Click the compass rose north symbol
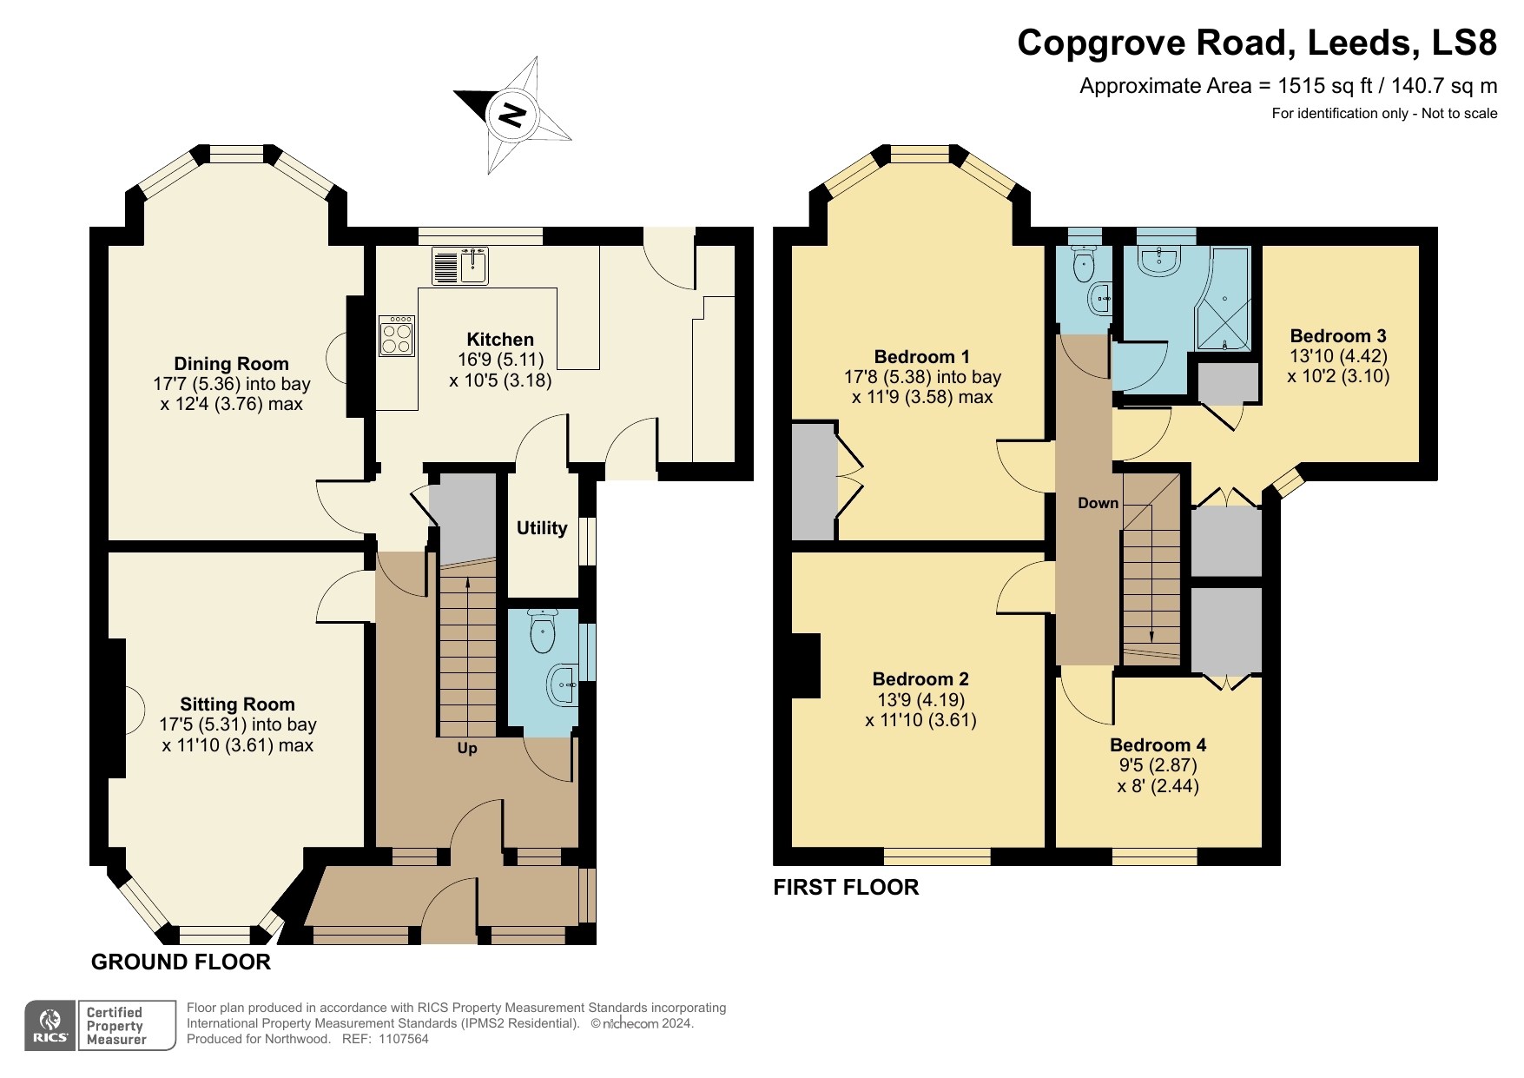512,115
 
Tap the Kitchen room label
500,340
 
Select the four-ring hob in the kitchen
397,336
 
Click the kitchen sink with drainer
460,266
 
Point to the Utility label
542,528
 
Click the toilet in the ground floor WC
543,631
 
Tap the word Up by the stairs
467,748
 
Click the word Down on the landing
1098,503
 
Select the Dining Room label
231,364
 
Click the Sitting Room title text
237,704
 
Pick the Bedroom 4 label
1158,744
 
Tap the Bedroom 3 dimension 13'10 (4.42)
1338,356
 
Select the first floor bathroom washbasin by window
1158,261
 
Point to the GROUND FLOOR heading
181,962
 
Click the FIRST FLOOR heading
846,887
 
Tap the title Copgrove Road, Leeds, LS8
1257,43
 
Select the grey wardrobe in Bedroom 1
813,481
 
